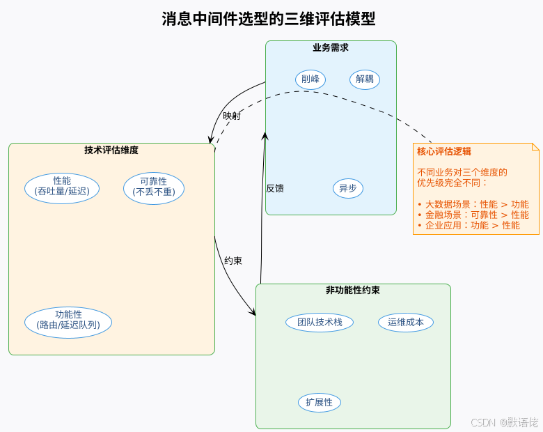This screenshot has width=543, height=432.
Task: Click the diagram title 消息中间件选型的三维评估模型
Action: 269,19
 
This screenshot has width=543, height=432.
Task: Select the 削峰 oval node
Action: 310,79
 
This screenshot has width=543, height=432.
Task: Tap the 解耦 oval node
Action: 365,79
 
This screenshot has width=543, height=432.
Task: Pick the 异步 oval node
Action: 348,188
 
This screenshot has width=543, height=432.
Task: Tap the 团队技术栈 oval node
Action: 320,322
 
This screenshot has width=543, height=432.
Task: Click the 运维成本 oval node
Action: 406,322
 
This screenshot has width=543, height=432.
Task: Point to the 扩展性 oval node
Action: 320,402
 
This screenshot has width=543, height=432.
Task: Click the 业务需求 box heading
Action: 331,48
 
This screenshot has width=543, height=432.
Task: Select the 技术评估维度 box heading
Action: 111,150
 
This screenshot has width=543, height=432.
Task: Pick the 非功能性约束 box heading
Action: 353,291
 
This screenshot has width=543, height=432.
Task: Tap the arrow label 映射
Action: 232,116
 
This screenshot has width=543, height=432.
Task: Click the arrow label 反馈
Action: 275,188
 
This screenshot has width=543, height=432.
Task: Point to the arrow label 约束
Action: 233,261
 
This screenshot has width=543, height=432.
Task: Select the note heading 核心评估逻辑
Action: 443,151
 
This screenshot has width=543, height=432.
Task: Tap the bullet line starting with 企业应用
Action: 469,225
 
